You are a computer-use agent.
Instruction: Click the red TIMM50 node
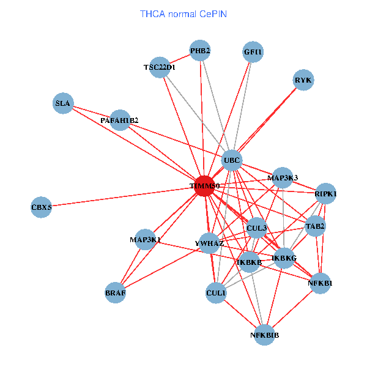[204, 186]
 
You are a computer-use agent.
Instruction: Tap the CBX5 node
[42, 208]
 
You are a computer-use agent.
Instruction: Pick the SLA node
[63, 103]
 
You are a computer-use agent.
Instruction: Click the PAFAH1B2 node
[120, 120]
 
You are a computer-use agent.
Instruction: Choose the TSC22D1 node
[160, 67]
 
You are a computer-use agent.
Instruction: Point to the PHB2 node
[200, 51]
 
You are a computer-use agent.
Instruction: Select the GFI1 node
[253, 52]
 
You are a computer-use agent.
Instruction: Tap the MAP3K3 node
[283, 178]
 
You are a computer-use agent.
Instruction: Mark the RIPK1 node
[326, 194]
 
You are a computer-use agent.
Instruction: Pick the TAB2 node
[316, 226]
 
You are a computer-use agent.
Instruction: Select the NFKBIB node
[265, 335]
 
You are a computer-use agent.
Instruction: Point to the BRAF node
[116, 293]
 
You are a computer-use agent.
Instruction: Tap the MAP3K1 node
[145, 240]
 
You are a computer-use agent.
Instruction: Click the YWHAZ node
[209, 243]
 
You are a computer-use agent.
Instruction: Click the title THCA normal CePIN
[183, 13]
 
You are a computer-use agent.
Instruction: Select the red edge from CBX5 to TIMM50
[122, 197]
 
